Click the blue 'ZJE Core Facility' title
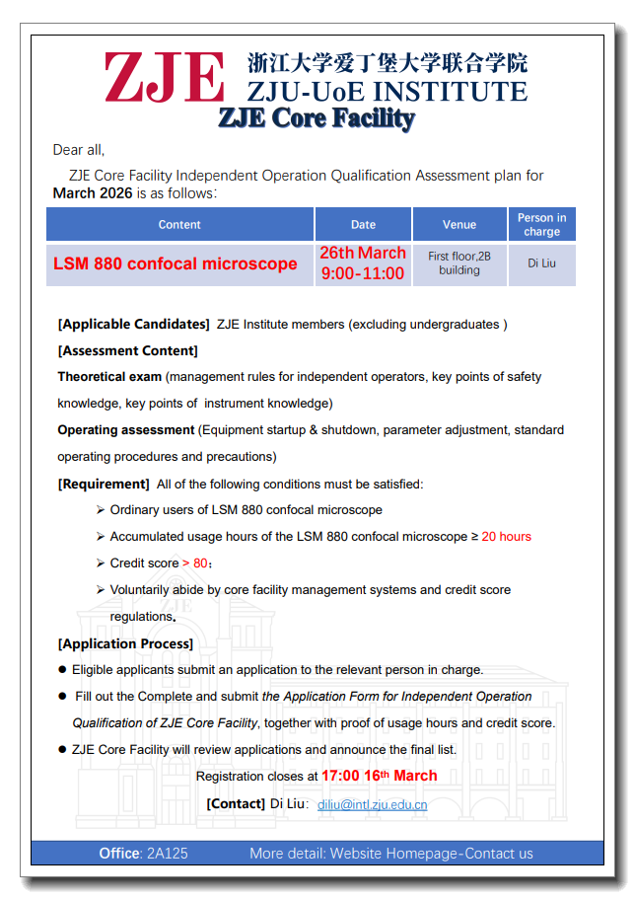tap(316, 118)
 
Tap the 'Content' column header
tap(179, 225)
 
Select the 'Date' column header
tap(363, 225)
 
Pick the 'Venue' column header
tap(459, 225)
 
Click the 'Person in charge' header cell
tap(541, 225)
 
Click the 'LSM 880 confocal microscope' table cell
tap(176, 264)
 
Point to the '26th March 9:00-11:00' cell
tap(363, 263)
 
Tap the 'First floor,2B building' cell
tap(459, 263)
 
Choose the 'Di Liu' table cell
tap(541, 263)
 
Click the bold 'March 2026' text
tap(93, 193)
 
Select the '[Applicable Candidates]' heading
tap(134, 325)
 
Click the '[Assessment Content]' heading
tap(128, 351)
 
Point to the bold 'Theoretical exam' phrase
tap(109, 377)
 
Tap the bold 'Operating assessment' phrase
tap(126, 430)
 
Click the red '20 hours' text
tap(506, 537)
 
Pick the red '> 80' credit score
tap(195, 563)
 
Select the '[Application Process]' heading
tap(125, 644)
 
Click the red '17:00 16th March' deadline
tap(379, 777)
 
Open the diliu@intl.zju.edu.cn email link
tap(372, 805)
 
